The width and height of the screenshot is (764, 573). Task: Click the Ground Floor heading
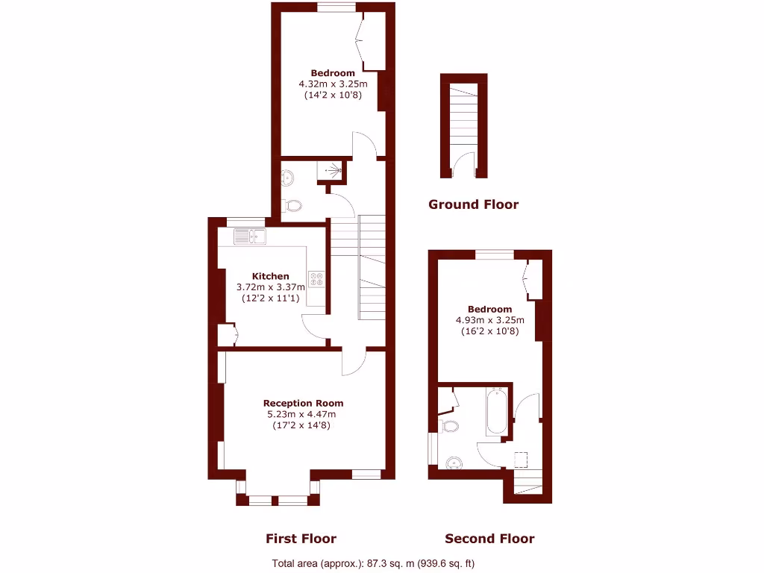(473, 204)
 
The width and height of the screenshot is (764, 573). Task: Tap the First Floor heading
(301, 539)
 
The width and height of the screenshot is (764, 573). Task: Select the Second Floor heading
(489, 539)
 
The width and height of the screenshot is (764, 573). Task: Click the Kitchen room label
(270, 276)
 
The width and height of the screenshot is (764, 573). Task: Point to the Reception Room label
(303, 403)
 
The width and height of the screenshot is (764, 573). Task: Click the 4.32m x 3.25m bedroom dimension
(333, 84)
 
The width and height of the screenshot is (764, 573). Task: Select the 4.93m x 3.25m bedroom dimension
(489, 321)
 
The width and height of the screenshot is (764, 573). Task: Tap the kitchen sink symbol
(250, 237)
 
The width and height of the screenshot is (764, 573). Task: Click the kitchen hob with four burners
(316, 278)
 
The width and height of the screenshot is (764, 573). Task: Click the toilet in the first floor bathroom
(293, 205)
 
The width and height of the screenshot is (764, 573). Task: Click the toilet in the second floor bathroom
(449, 427)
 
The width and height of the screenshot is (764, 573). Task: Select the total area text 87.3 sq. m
(373, 563)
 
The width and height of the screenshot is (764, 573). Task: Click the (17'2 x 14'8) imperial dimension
(303, 425)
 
